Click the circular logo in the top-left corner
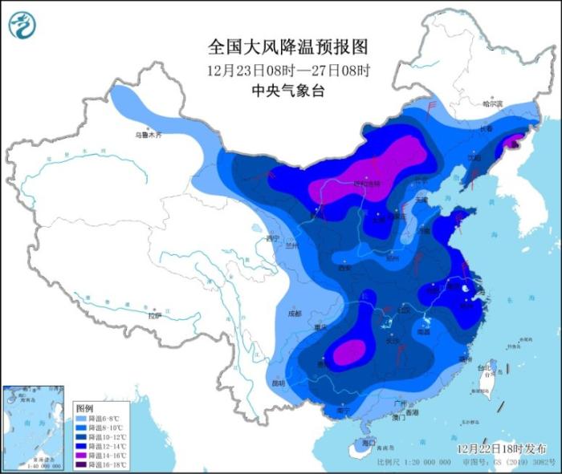pyautogui.click(x=22, y=26)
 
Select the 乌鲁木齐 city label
pyautogui.click(x=148, y=136)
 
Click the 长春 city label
pyautogui.click(x=485, y=128)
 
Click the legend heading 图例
pyautogui.click(x=84, y=408)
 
